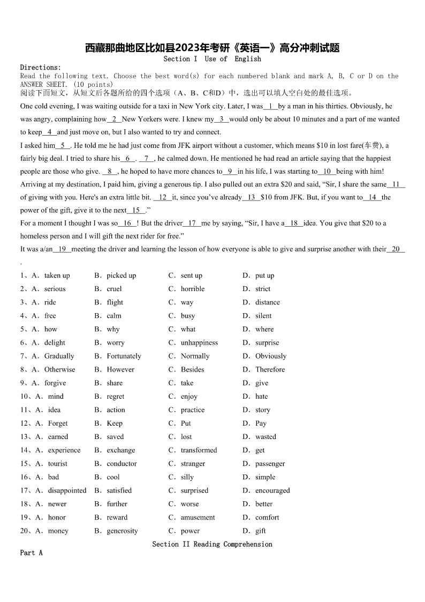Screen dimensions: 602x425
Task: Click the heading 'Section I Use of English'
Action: click(x=212, y=59)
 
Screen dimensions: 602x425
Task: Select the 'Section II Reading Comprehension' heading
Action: click(x=212, y=544)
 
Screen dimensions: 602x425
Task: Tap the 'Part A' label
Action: click(x=31, y=553)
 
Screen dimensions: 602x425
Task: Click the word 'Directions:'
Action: click(x=41, y=68)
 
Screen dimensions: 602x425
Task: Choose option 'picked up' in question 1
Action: click(x=121, y=276)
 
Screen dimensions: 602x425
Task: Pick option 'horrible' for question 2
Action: click(x=192, y=289)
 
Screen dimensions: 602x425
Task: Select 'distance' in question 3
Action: click(x=267, y=302)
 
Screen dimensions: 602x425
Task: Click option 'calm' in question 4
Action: click(x=113, y=316)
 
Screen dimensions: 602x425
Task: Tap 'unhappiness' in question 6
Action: click(x=199, y=343)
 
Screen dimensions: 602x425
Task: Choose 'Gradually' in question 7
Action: click(x=59, y=356)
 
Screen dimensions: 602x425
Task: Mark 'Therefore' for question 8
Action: click(x=270, y=369)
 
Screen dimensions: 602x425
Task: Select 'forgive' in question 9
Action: click(x=55, y=383)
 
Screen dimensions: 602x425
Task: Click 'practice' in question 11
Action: click(x=192, y=410)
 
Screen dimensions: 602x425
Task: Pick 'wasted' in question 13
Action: click(x=265, y=437)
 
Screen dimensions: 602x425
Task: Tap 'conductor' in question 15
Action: click(x=122, y=464)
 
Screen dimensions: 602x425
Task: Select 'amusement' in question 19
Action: click(x=198, y=517)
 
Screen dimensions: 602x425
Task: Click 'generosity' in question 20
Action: click(x=122, y=531)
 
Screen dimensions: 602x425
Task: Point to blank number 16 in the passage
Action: click(x=127, y=223)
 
